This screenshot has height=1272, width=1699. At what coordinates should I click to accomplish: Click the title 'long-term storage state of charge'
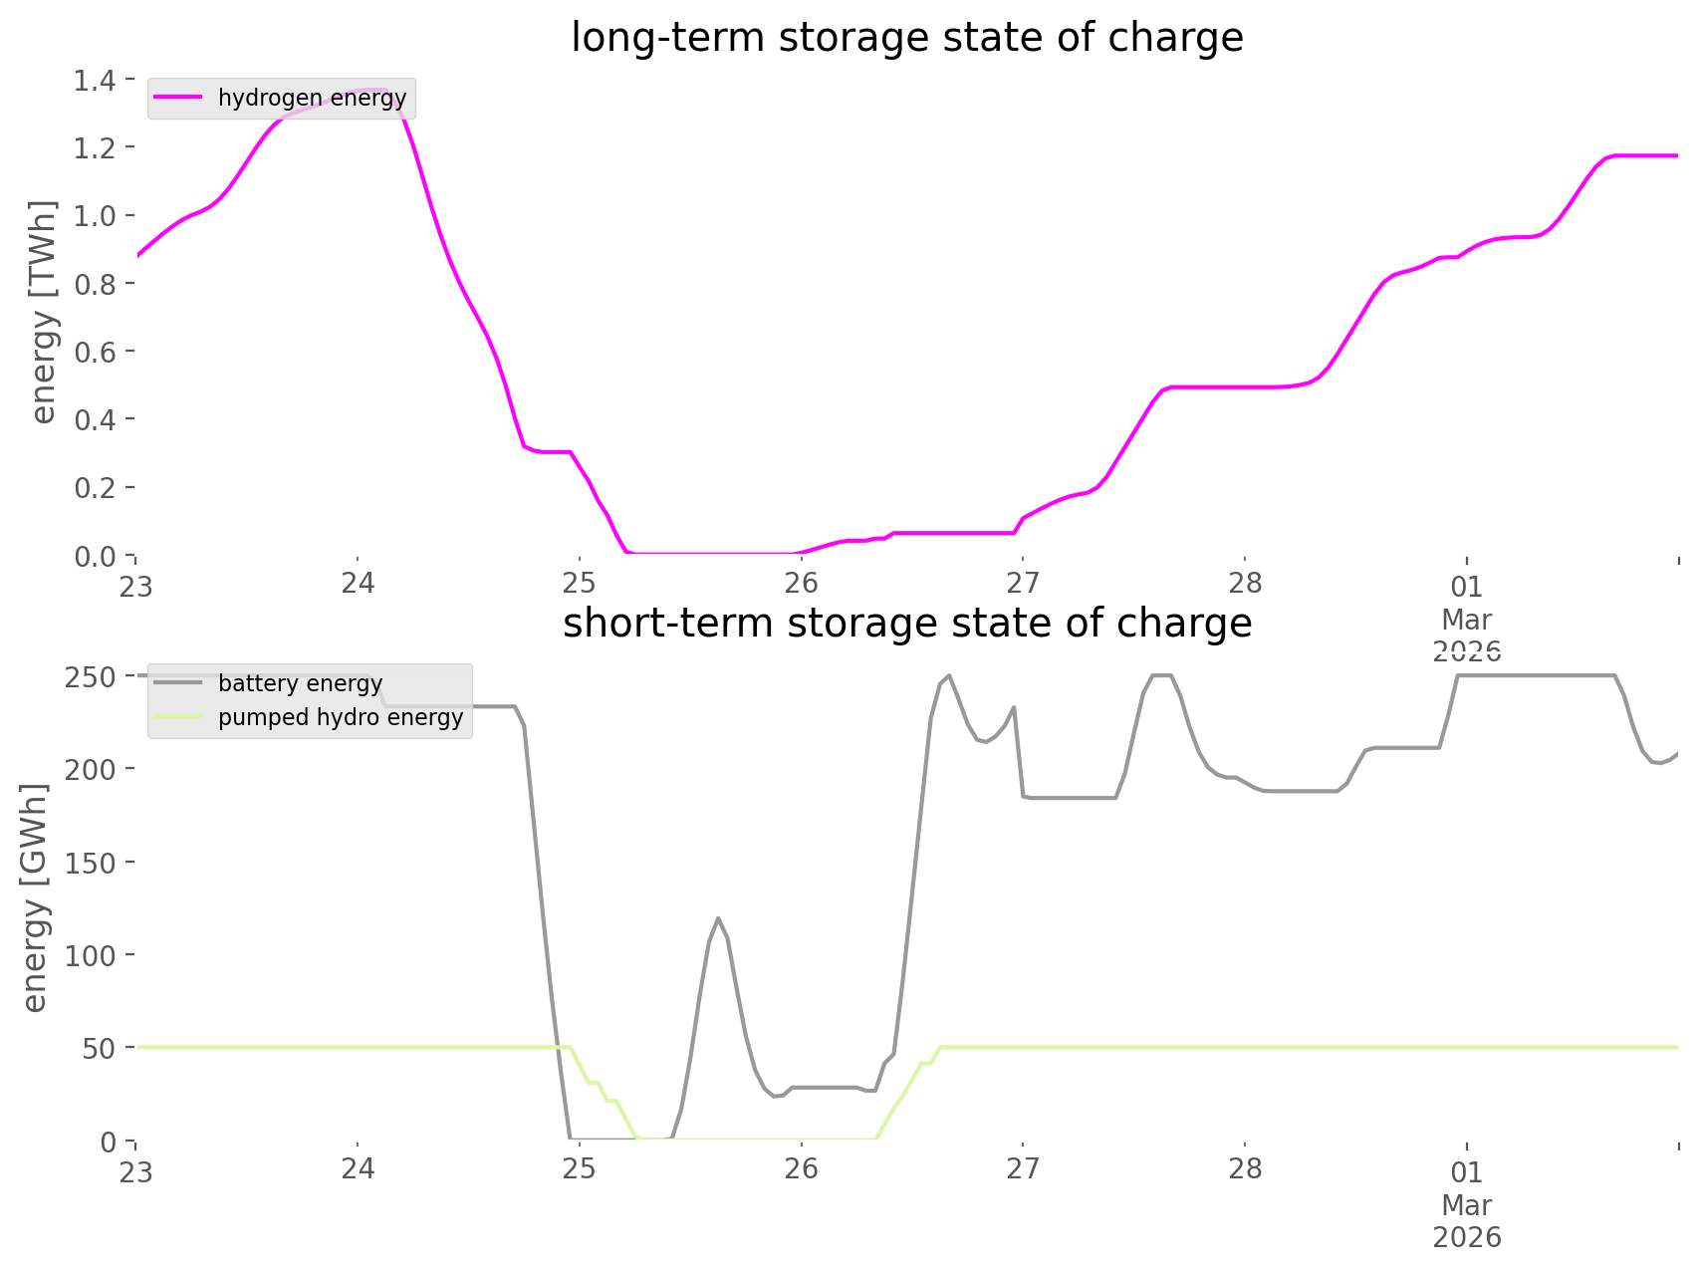click(x=906, y=38)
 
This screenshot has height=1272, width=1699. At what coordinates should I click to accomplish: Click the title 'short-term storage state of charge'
click(x=906, y=624)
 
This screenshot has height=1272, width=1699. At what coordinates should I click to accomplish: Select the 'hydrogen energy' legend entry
click(x=312, y=99)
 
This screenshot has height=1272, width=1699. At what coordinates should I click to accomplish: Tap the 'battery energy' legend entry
click(x=300, y=683)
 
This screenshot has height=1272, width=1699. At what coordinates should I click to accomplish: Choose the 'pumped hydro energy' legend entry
click(x=341, y=717)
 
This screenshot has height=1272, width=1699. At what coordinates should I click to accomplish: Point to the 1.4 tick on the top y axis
click(x=94, y=80)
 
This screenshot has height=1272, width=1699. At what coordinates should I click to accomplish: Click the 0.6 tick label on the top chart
click(x=94, y=352)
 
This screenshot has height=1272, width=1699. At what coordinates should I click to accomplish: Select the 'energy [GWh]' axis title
click(x=35, y=897)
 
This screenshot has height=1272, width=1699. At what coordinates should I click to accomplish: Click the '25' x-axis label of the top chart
click(x=579, y=584)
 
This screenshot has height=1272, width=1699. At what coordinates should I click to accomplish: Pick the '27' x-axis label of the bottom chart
click(x=1023, y=1169)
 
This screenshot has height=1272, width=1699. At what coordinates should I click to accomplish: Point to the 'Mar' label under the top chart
click(x=1466, y=620)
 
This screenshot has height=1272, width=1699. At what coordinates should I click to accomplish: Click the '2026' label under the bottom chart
click(x=1466, y=1237)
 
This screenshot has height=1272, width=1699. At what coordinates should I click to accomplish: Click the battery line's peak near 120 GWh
click(x=717, y=917)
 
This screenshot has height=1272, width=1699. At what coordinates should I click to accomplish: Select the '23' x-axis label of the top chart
click(x=136, y=586)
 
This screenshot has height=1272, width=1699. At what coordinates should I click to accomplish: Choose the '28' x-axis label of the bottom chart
click(x=1245, y=1169)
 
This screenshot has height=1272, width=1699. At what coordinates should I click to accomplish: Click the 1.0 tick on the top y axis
click(x=94, y=215)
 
